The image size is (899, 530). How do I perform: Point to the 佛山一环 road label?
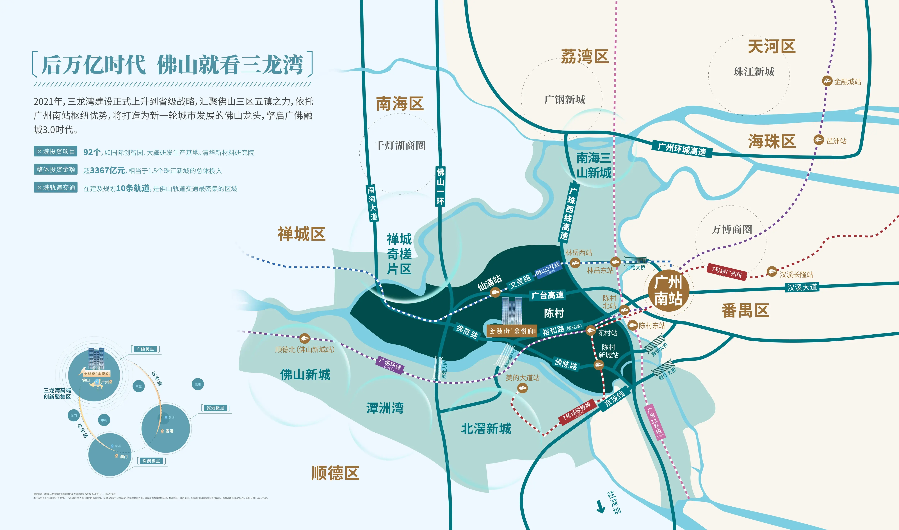440,186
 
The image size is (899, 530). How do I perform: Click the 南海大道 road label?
372,203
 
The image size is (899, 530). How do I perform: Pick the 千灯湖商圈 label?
400,145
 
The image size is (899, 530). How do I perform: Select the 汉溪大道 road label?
802,287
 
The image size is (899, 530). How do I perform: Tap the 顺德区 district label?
335,473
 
